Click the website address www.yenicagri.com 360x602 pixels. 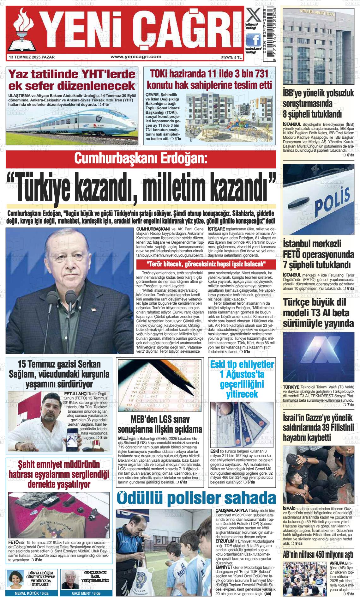tap(136, 57)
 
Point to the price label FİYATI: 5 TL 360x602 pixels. tap(231, 58)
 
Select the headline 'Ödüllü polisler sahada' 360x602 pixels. tap(196, 498)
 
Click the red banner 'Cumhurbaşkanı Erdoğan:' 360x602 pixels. tap(141, 159)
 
